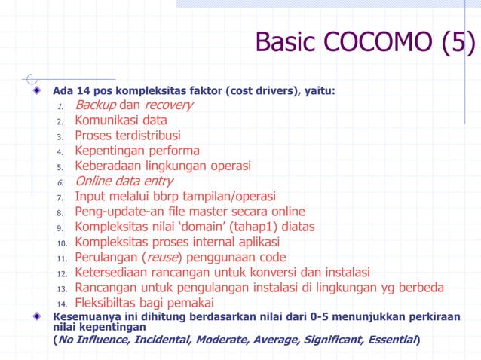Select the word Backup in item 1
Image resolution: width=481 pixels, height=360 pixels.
[95, 105]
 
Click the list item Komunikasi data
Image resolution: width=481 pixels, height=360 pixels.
[121, 120]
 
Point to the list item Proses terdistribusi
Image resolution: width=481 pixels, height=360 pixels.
[127, 136]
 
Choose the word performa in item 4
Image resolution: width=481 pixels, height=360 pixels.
[174, 151]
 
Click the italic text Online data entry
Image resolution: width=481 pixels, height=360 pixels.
[124, 181]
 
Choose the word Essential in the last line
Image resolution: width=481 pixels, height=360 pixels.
[392, 340]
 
